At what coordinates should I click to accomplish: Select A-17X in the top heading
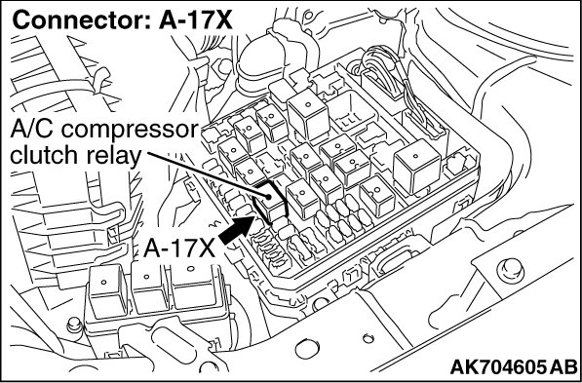(196, 20)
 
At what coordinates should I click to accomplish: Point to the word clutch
(44, 155)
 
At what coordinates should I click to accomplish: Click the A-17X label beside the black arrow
(179, 248)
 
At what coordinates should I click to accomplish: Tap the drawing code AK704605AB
(514, 366)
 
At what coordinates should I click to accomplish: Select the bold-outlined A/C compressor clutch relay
(270, 203)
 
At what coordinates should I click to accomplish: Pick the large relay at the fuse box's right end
(417, 166)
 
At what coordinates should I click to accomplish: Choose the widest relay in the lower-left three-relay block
(196, 286)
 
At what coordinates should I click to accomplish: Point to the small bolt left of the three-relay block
(73, 326)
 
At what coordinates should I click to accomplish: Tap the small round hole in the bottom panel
(368, 338)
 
